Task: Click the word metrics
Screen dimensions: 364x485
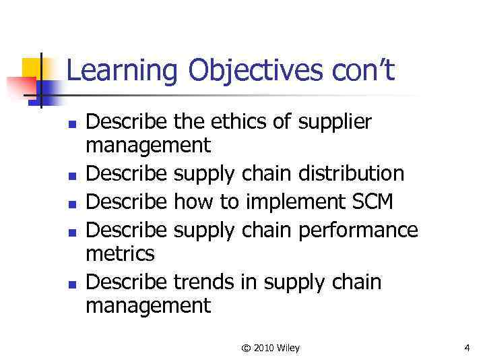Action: coord(121,253)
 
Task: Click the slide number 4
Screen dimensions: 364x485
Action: coord(467,348)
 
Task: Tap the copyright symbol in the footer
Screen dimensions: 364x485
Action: coord(247,348)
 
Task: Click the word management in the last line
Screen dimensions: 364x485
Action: coord(149,305)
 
